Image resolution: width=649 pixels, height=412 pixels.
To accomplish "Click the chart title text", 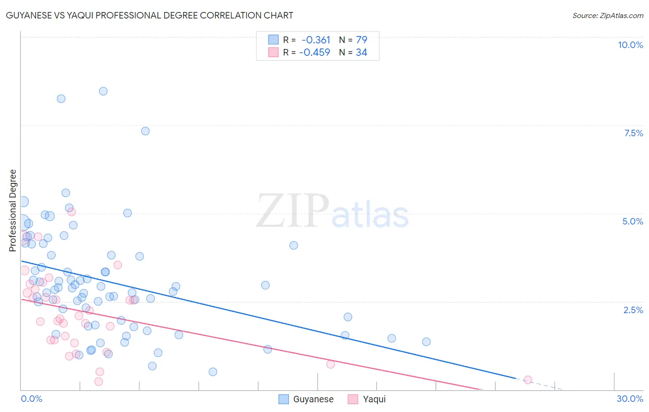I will [150, 15].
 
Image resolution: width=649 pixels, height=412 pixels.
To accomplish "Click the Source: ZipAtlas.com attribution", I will [607, 16].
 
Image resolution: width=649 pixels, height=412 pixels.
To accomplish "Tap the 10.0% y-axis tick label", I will [630, 45].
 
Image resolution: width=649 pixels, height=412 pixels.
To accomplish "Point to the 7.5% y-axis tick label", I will [633, 133].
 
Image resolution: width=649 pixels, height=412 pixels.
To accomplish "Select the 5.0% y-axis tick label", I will [632, 221].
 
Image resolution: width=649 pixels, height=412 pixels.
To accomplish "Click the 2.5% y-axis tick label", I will [633, 310].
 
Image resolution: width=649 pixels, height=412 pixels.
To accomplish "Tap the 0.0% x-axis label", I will [31, 399].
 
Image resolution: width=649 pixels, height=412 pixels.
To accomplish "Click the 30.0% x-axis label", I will [630, 399].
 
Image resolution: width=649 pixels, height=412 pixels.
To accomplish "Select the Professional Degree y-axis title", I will [12, 211].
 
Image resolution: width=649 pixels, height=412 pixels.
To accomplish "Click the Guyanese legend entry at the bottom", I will [312, 399].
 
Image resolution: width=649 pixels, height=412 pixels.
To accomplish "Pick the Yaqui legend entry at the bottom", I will [373, 399].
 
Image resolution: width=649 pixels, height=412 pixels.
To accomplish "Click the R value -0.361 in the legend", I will [316, 40].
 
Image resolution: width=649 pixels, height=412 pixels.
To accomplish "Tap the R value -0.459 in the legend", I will [314, 53].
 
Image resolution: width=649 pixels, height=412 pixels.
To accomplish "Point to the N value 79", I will [361, 40].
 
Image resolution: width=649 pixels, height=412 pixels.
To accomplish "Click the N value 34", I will [361, 53].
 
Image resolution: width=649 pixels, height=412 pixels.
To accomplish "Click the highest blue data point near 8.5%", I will [103, 91].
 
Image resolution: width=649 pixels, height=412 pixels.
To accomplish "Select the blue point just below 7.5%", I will [145, 131].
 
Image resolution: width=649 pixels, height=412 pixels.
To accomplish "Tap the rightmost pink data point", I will [528, 380].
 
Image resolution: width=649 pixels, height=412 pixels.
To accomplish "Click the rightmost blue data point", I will [427, 342].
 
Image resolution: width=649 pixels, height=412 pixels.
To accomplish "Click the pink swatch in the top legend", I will [273, 52].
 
